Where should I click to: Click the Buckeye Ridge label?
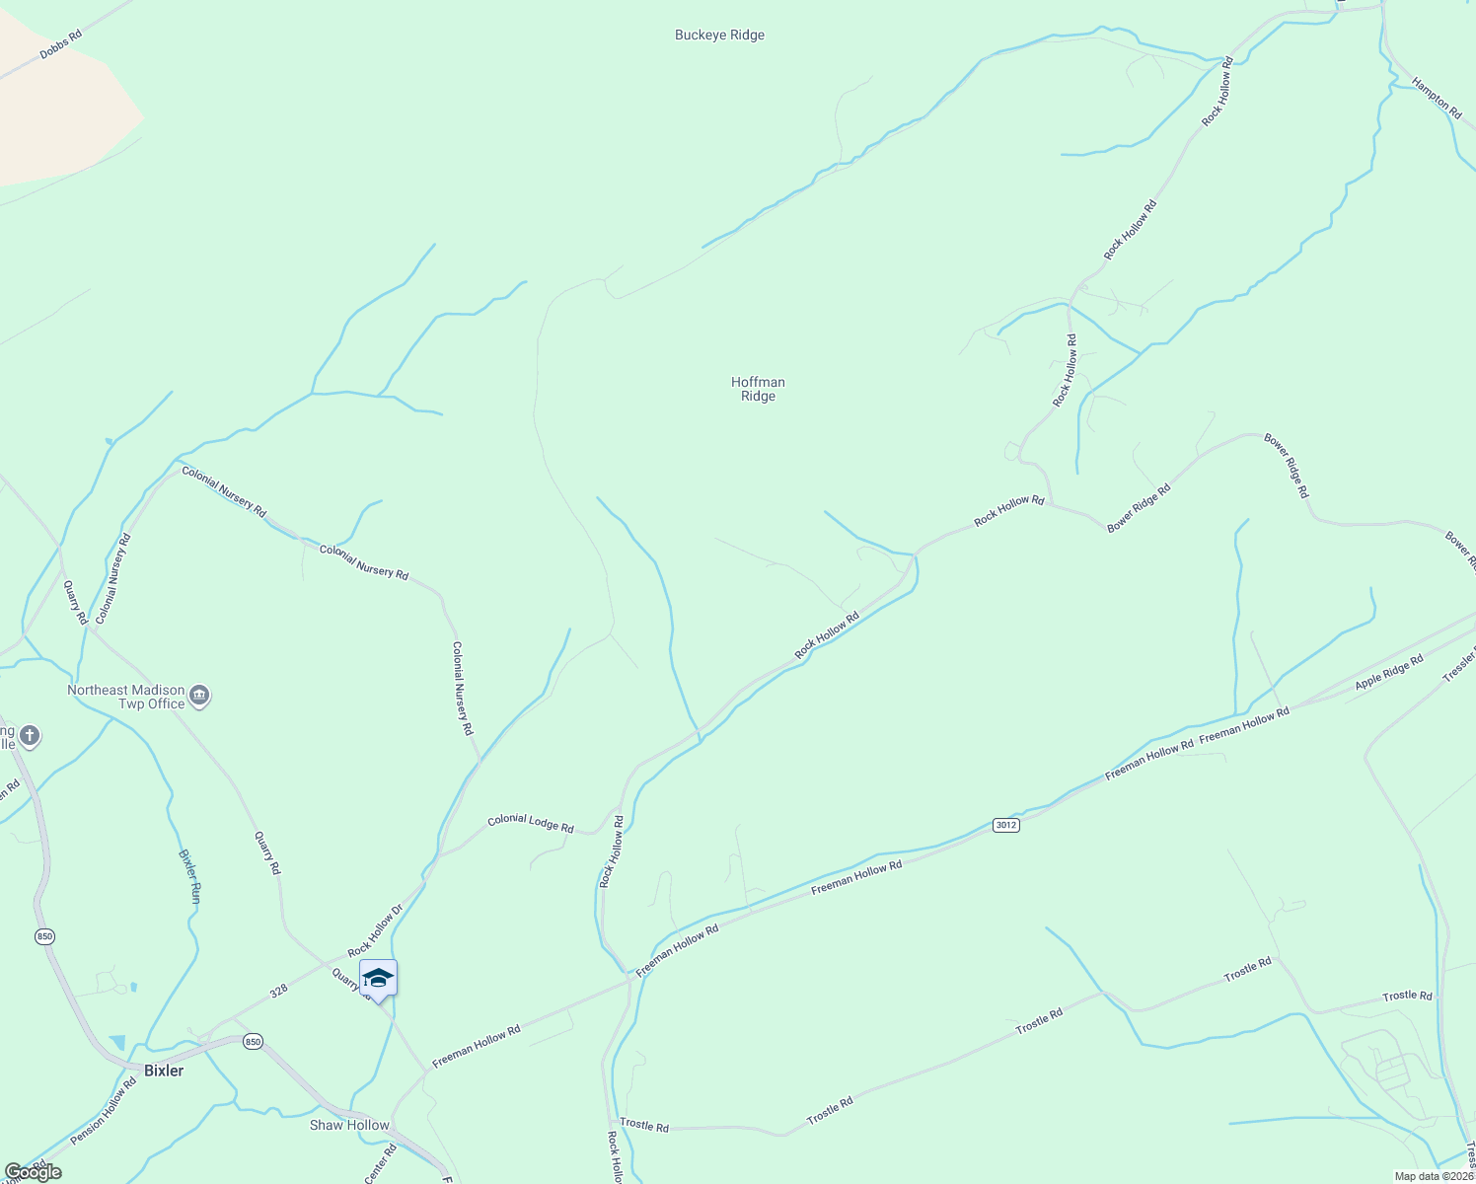(x=719, y=36)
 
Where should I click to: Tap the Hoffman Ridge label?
(x=758, y=389)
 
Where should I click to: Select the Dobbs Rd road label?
(x=61, y=44)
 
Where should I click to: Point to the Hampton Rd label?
(x=1437, y=99)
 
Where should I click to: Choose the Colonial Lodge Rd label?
(x=530, y=823)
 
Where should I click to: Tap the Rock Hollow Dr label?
(x=375, y=931)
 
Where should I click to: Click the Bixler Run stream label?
(x=189, y=876)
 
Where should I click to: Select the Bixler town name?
(x=164, y=1071)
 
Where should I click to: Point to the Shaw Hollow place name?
(x=349, y=1125)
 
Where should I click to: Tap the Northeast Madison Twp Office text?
(x=125, y=697)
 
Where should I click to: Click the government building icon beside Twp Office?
(x=199, y=697)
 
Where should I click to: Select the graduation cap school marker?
(x=378, y=978)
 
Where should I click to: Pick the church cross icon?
(x=30, y=736)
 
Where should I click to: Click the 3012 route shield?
(x=1004, y=825)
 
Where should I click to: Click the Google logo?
(x=33, y=1171)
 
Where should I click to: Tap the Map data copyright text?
(x=1433, y=1176)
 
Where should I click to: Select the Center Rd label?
(x=380, y=1164)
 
